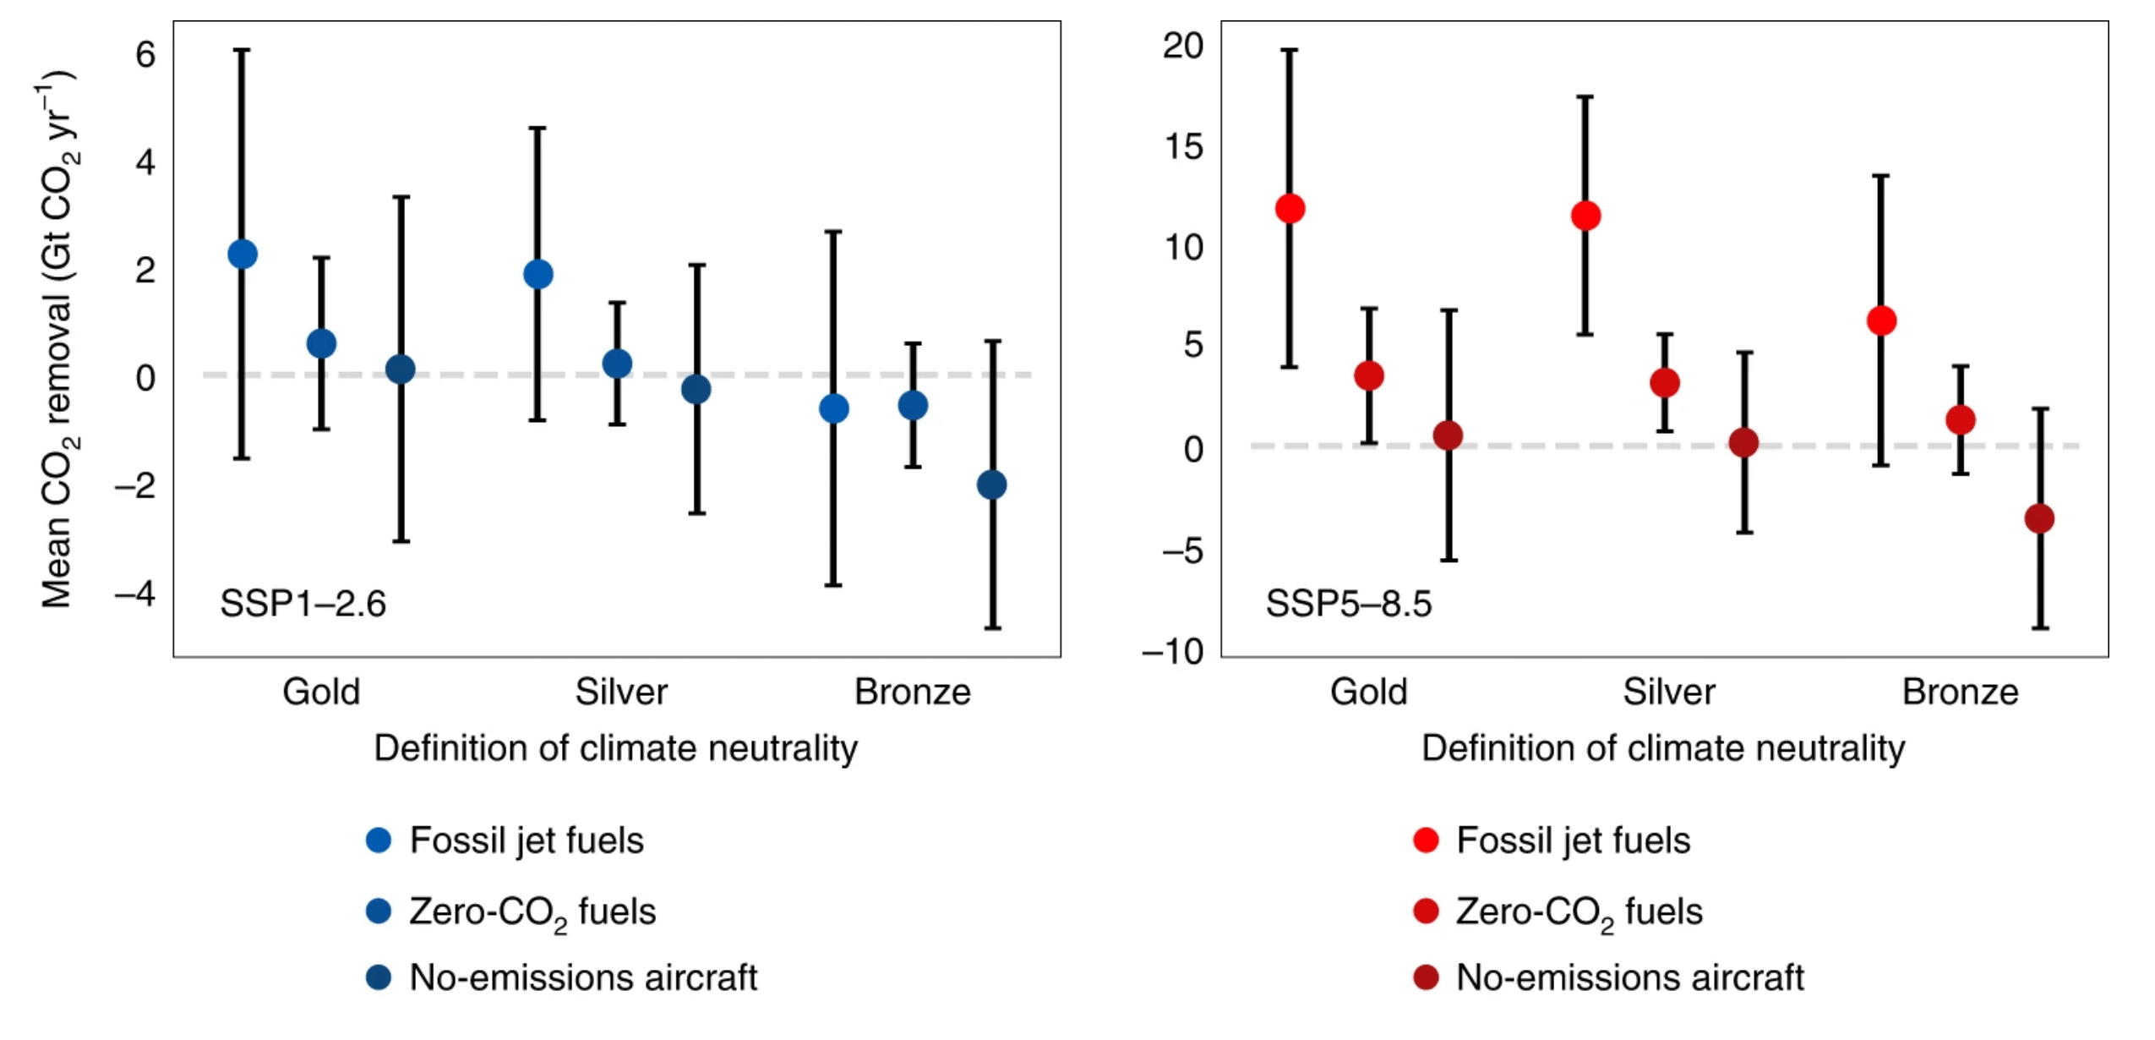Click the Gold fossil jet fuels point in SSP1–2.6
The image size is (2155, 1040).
[243, 254]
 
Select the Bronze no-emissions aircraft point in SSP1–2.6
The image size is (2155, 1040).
[992, 484]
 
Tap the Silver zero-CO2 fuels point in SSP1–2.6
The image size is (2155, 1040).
[617, 364]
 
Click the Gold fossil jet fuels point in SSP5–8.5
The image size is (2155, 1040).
[1290, 208]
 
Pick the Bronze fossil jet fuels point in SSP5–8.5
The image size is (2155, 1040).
[1881, 320]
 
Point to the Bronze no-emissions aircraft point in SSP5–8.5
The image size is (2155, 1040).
[2039, 518]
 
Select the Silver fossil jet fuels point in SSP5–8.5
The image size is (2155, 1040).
[1585, 216]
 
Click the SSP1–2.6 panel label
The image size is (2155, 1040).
[303, 604]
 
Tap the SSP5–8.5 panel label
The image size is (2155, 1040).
[1349, 604]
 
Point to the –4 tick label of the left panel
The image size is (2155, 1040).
[135, 594]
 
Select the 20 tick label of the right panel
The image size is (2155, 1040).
[1183, 45]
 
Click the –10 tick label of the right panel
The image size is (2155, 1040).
[1173, 651]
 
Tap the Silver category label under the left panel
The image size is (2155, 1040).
[621, 692]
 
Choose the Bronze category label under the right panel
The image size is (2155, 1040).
[1960, 692]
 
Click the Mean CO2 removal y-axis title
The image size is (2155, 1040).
[57, 338]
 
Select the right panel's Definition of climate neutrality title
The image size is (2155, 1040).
[1663, 748]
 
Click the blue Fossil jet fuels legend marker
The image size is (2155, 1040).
[379, 840]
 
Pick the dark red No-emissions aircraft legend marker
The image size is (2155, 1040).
[1426, 977]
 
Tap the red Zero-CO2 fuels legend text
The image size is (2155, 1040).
[1579, 911]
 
